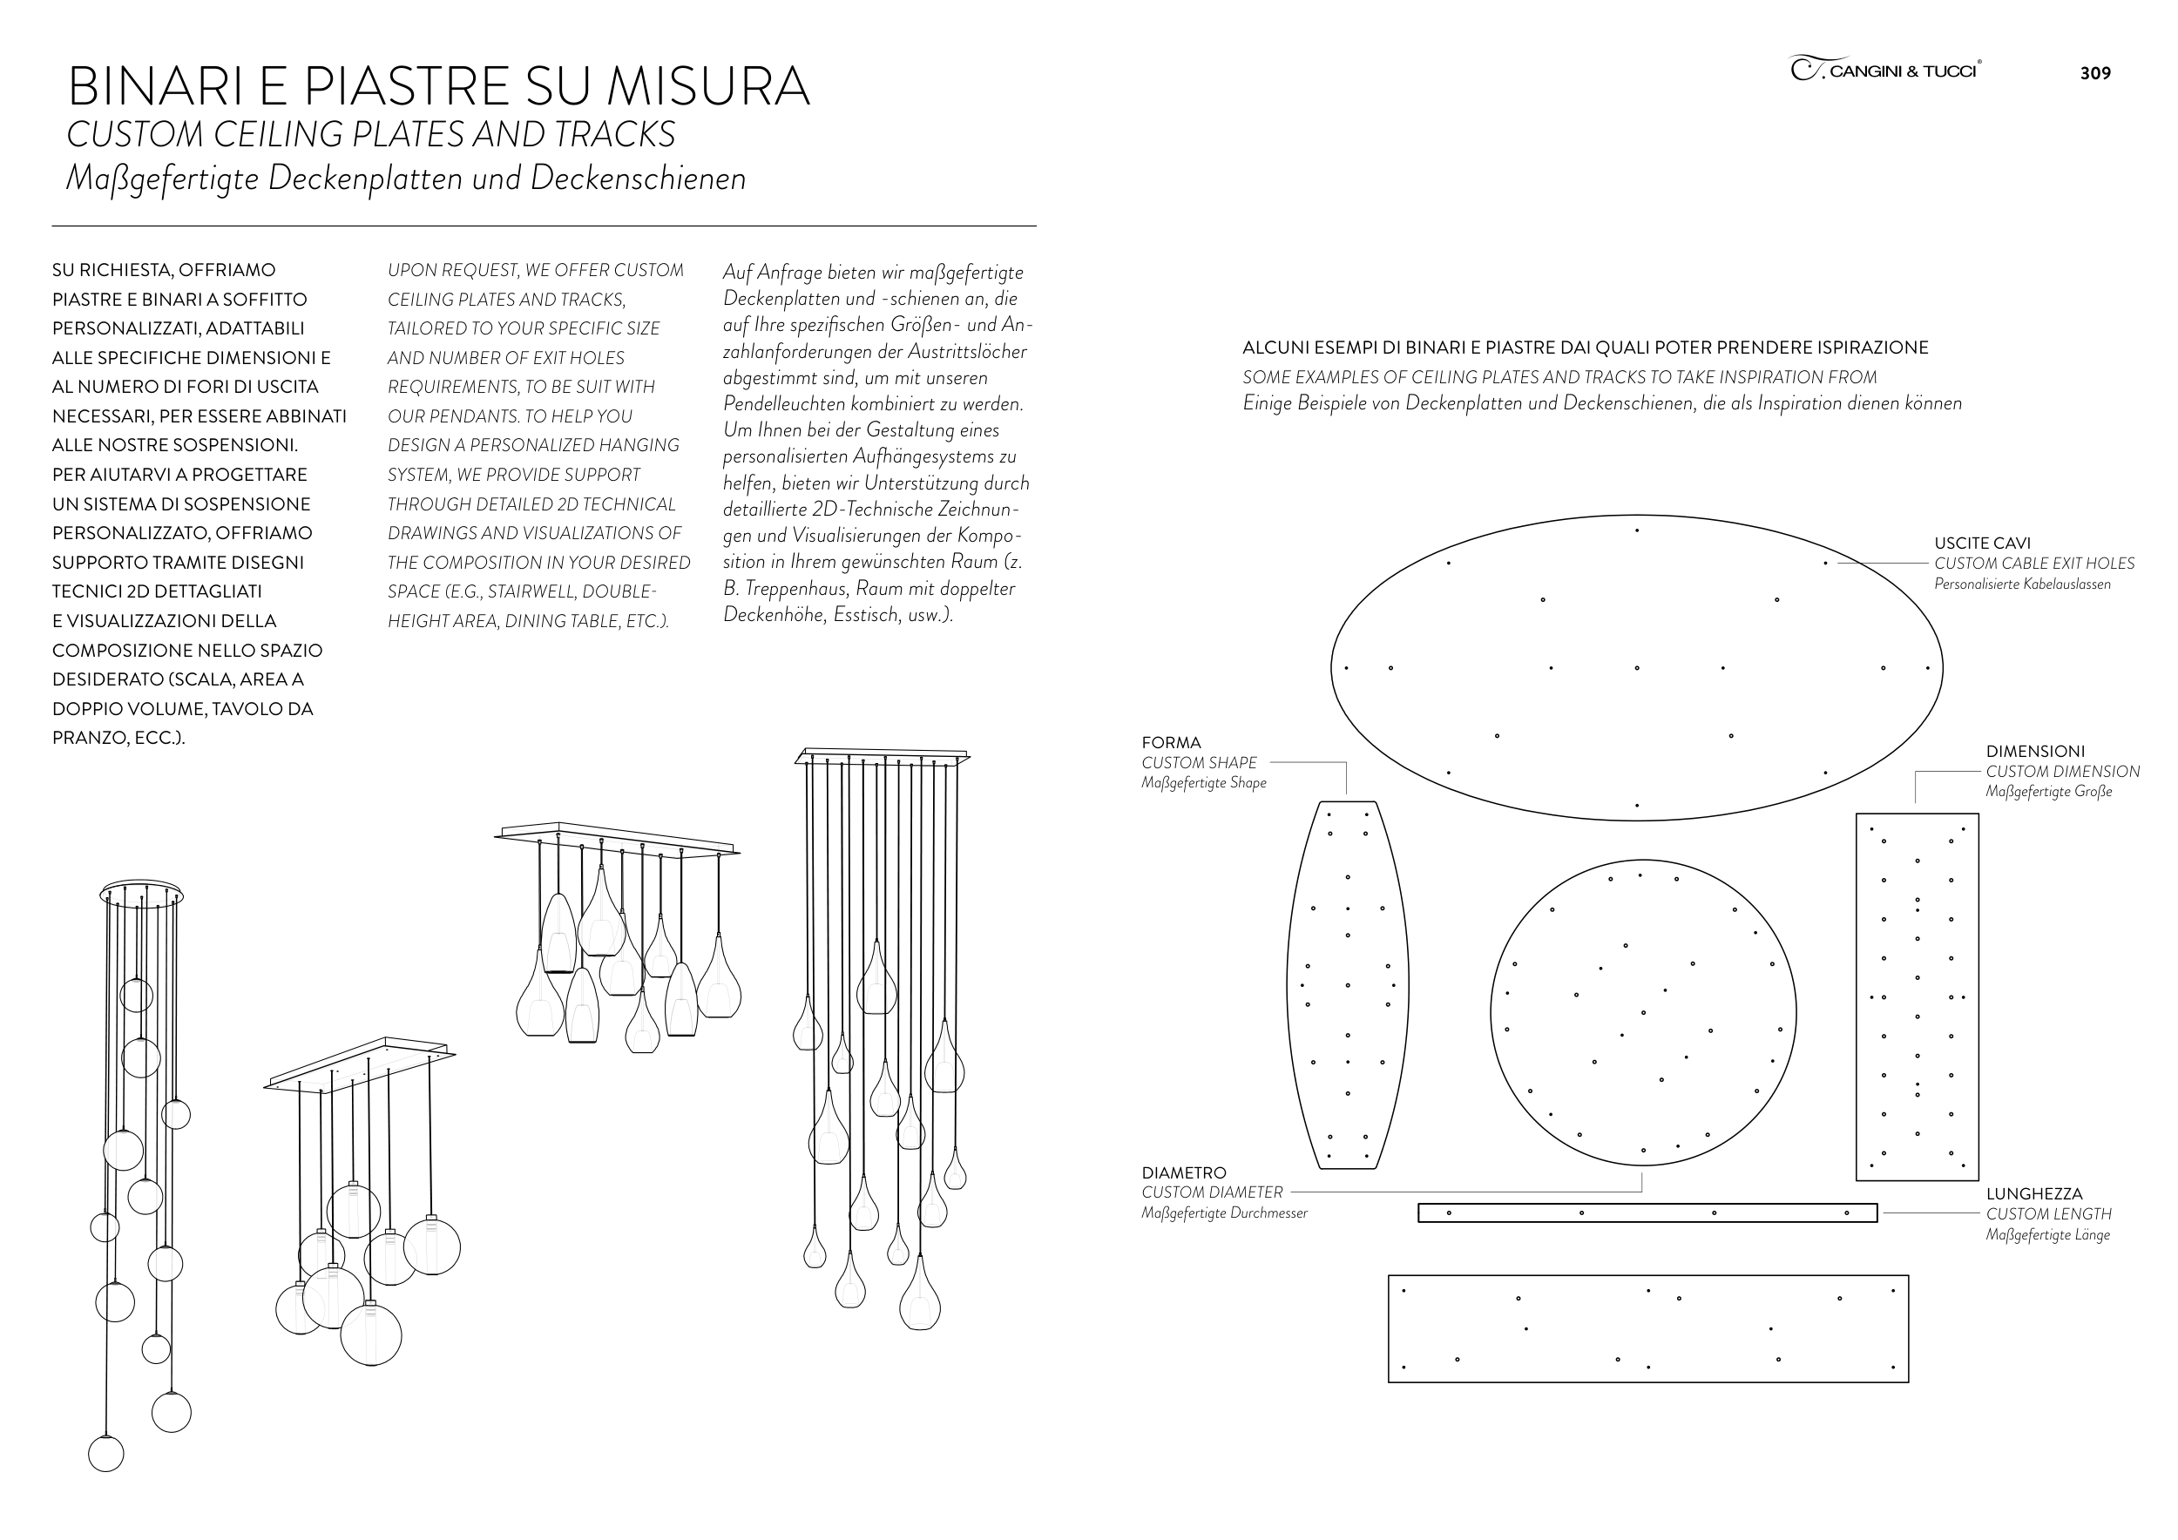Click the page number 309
(2094, 73)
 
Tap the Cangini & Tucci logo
(1885, 69)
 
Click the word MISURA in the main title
(707, 86)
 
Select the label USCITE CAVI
(1982, 544)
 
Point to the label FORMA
(1171, 742)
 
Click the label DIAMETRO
(1183, 1173)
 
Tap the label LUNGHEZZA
(2033, 1194)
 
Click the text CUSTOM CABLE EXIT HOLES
(2033, 564)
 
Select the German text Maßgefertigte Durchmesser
(1224, 1212)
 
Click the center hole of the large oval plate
(1636, 667)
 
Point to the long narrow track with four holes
(1647, 1212)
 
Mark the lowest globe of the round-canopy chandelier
(106, 1454)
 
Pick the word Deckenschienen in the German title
(639, 179)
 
